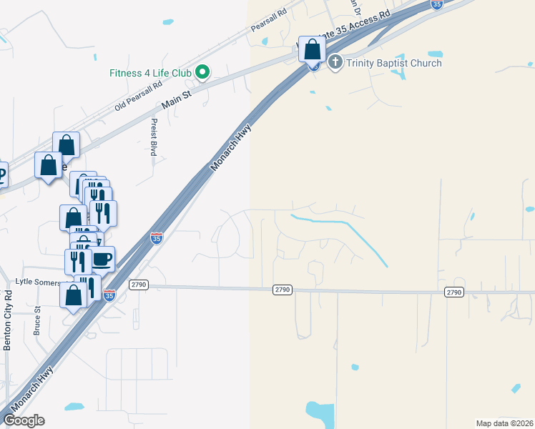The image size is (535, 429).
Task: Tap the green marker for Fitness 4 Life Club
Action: click(x=202, y=71)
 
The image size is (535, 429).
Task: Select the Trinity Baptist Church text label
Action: click(x=394, y=63)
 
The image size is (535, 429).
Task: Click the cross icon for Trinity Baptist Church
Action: click(x=336, y=63)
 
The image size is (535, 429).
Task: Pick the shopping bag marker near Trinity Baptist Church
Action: click(x=312, y=49)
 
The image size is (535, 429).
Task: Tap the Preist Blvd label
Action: click(x=153, y=137)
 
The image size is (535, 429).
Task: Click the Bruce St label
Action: click(x=36, y=320)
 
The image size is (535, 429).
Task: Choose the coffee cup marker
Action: click(x=102, y=258)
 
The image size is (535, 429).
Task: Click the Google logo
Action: click(x=24, y=420)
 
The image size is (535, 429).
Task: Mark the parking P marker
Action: click(x=2, y=174)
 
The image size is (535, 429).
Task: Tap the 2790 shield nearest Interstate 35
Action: click(x=138, y=285)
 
